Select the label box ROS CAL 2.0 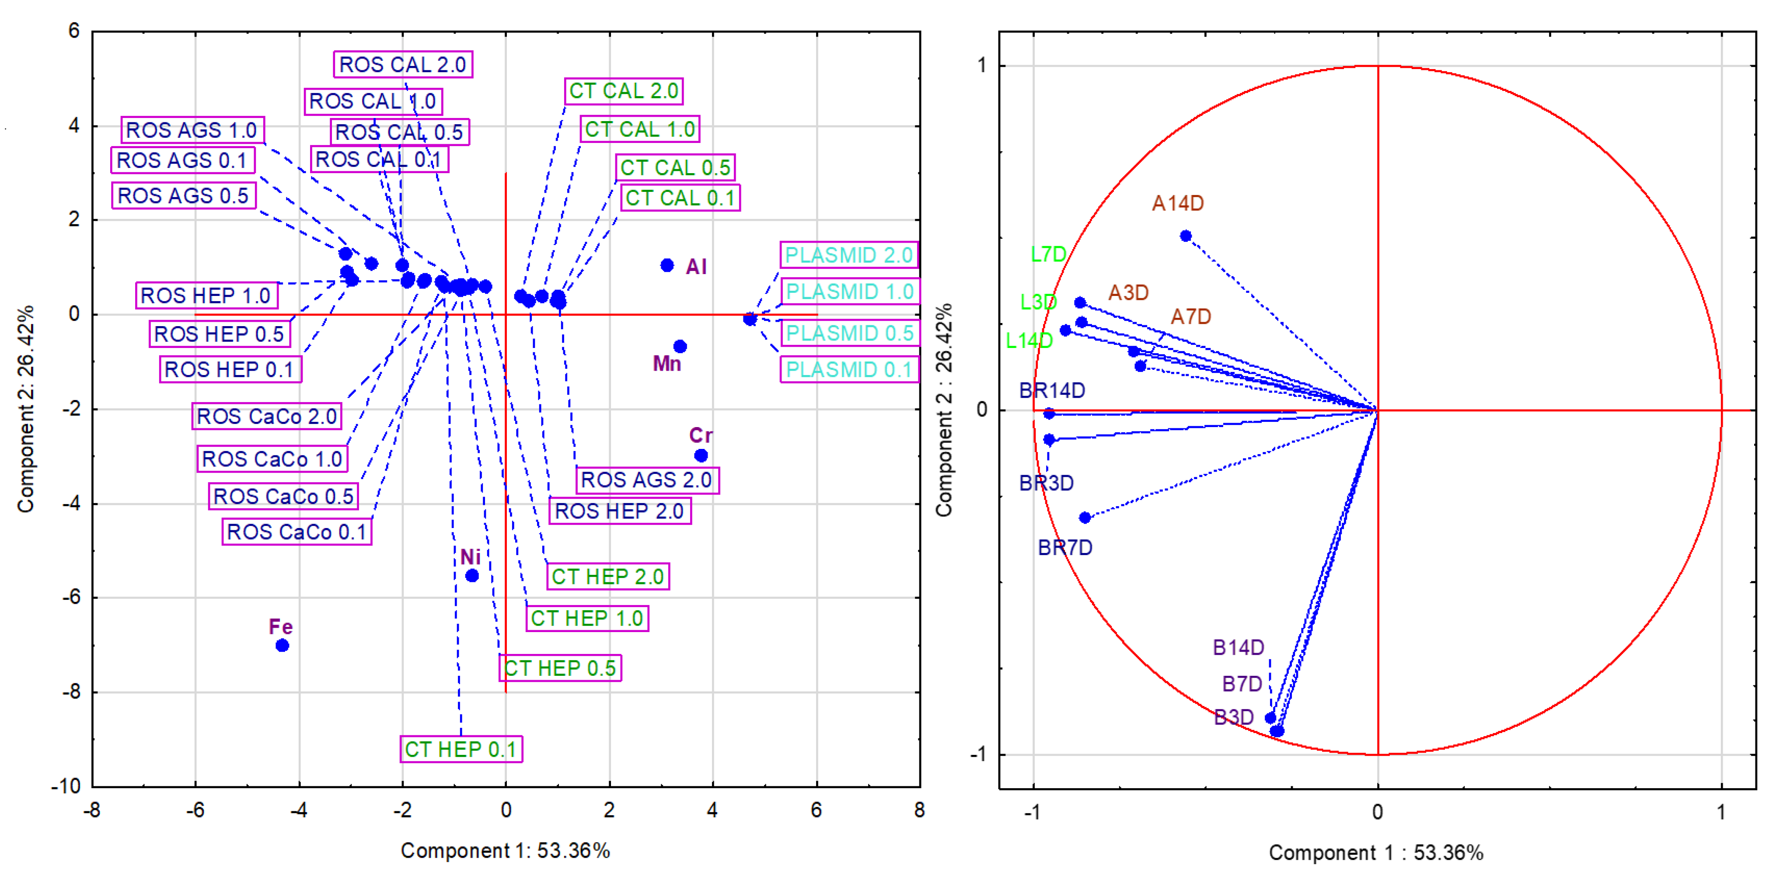coord(403,64)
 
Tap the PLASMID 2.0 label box coord(849,255)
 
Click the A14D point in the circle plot coord(1186,236)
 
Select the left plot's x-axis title coord(505,850)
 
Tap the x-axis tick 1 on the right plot coord(1721,812)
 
